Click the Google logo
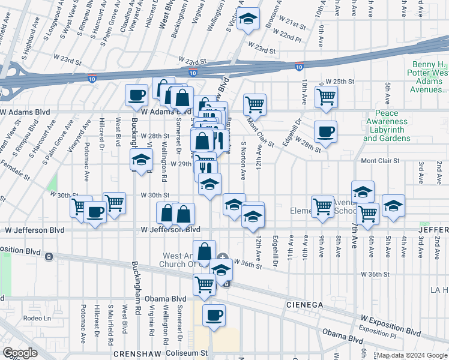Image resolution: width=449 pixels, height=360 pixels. coord(19,353)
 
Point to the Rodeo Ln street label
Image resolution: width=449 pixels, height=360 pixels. coord(37,317)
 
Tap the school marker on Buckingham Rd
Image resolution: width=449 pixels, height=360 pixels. coord(141,160)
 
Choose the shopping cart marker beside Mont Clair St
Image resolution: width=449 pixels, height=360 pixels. coord(255,104)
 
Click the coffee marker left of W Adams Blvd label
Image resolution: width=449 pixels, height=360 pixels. coord(136,95)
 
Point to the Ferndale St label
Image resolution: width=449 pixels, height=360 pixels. coord(15,170)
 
